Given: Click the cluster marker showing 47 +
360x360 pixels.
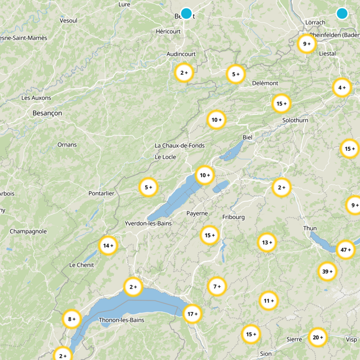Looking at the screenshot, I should click(x=345, y=250).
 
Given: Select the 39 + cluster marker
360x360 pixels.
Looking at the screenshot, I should click(x=327, y=271).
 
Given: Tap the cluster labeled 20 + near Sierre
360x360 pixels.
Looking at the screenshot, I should click(x=318, y=337).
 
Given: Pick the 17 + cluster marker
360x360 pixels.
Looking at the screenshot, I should click(x=192, y=314).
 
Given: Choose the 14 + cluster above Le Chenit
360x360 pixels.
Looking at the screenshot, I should click(x=108, y=246).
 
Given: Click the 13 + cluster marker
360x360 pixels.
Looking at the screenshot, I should click(x=267, y=243).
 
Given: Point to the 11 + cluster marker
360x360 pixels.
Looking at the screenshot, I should click(x=269, y=301).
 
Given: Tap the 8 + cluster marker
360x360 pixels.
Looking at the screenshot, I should click(x=72, y=319).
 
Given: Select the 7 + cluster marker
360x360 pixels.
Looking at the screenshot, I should click(x=217, y=286).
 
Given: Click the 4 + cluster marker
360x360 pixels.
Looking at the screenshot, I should click(x=342, y=88).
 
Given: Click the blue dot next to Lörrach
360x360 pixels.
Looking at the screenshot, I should click(x=342, y=13).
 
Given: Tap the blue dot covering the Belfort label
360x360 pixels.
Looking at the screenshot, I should click(x=186, y=13).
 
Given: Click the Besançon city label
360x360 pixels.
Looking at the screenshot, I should click(x=47, y=113).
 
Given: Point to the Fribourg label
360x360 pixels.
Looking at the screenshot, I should click(x=234, y=217).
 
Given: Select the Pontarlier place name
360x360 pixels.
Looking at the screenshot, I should click(x=101, y=193).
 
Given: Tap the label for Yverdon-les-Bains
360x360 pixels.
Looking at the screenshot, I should click(x=148, y=223).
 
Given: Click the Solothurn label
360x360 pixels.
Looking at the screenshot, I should click(x=295, y=121).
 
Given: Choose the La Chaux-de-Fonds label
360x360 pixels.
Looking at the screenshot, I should click(x=180, y=146).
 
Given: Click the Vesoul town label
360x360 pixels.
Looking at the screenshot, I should click(x=68, y=21).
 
